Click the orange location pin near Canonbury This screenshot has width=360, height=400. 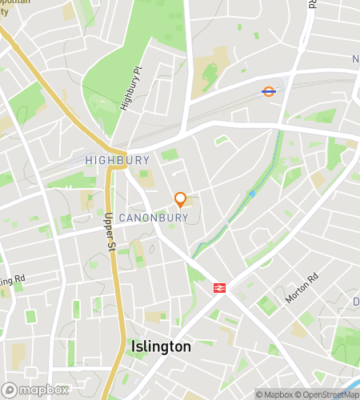point(181,199)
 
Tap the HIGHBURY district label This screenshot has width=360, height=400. point(117,160)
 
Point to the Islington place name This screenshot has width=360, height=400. point(160,347)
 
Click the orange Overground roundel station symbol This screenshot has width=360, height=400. point(270,91)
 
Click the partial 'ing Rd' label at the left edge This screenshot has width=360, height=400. point(14,281)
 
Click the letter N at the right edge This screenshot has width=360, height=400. point(356,60)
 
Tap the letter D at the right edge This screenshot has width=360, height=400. point(356,302)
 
